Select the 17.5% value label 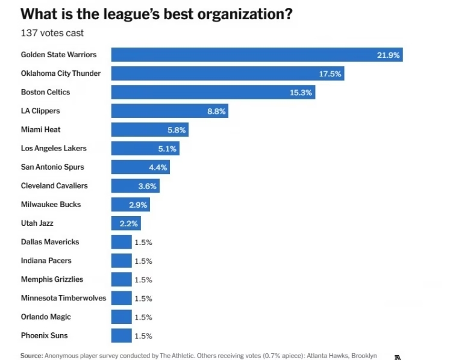pos(330,74)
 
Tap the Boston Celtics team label pos(45,92)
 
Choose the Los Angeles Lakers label pos(54,148)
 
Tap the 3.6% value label pos(148,186)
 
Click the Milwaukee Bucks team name pos(51,204)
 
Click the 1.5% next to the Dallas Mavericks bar pos(143,242)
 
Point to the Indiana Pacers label pos(46,261)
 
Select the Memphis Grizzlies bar pos(121,279)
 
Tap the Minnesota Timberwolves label pos(63,298)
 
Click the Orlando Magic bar pos(121,317)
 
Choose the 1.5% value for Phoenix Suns pos(143,336)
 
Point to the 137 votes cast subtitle pos(52,33)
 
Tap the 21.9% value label pos(389,55)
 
